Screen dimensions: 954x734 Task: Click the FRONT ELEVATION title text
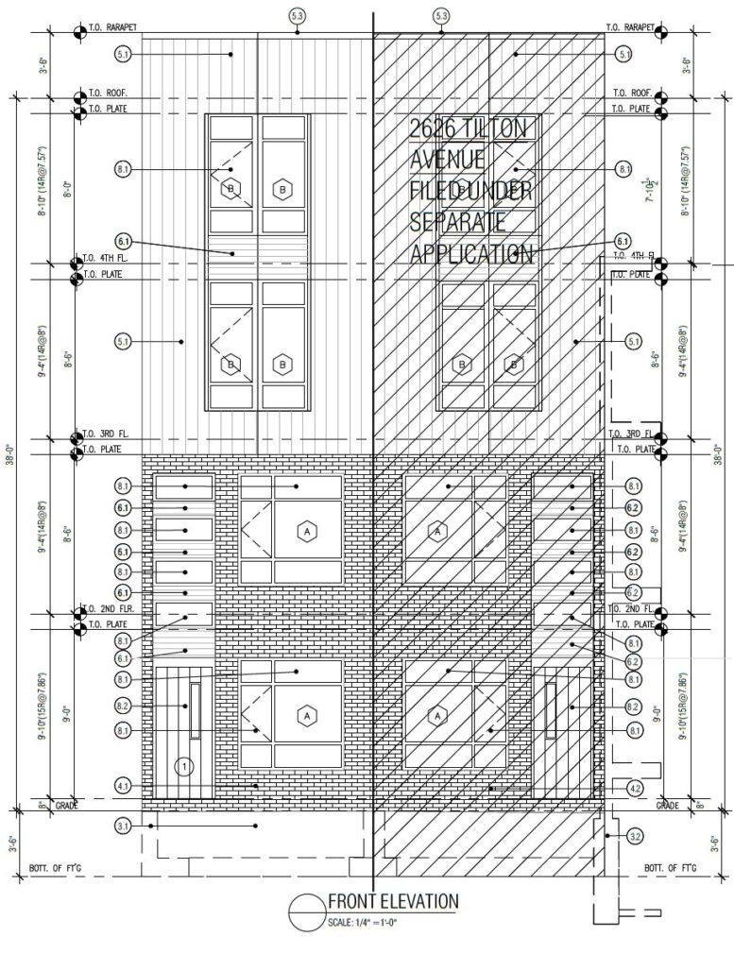point(393,901)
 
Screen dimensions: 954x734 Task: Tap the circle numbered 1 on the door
point(184,764)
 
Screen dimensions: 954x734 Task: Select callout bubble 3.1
point(123,826)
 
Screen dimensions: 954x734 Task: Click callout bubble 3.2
point(634,837)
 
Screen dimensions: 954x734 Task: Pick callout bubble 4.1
point(123,785)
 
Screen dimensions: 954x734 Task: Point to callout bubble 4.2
point(634,788)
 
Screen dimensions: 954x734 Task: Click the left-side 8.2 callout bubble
point(123,706)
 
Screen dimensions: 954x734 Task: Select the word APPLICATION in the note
point(471,253)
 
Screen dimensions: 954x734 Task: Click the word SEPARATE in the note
point(458,223)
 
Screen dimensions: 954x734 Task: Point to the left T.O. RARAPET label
point(113,27)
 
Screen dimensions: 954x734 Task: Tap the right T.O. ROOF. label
point(631,93)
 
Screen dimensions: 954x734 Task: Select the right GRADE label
point(669,806)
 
